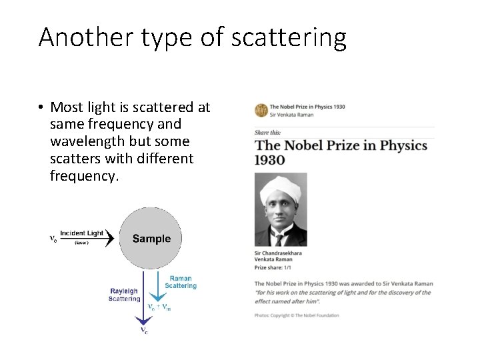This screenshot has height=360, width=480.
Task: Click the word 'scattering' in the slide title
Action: (x=289, y=38)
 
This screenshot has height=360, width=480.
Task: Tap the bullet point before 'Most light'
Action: (x=41, y=107)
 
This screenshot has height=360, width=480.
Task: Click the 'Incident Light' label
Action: (x=82, y=233)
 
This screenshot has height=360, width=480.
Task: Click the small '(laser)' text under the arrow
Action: (x=81, y=243)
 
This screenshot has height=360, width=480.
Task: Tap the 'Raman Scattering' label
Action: (x=181, y=282)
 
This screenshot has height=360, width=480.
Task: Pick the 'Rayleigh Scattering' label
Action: (x=125, y=295)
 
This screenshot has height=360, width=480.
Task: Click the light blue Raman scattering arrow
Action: (x=156, y=287)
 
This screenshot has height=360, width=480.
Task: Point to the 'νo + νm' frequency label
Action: (x=159, y=307)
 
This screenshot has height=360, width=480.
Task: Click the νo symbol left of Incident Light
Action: (x=53, y=237)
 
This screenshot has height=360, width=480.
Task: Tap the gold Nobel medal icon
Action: (x=261, y=110)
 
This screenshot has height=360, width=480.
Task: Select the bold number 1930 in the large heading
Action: (x=270, y=160)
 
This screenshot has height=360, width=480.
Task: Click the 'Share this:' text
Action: (x=267, y=133)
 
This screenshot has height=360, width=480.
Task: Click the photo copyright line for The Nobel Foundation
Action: (x=297, y=315)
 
